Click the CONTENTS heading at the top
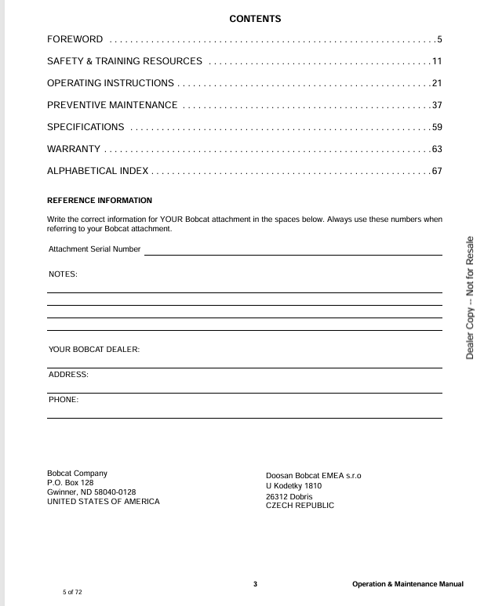pyautogui.click(x=255, y=19)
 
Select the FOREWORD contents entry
pyautogui.click(x=75, y=39)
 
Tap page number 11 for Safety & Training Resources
pyautogui.click(x=437, y=61)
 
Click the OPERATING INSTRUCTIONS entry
pyautogui.click(x=111, y=83)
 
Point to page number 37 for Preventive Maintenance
pyautogui.click(x=437, y=105)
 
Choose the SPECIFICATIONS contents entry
pyautogui.click(x=86, y=127)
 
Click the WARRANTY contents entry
pyautogui.click(x=74, y=149)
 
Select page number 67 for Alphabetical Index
pyautogui.click(x=437, y=171)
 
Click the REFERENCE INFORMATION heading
pyautogui.click(x=100, y=201)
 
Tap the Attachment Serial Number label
pyautogui.click(x=94, y=249)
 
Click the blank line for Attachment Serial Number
pyautogui.click(x=293, y=253)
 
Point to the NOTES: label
pyautogui.click(x=63, y=274)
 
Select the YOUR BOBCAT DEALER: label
pyautogui.click(x=94, y=350)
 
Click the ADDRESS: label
pyautogui.click(x=68, y=375)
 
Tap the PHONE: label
pyautogui.click(x=64, y=400)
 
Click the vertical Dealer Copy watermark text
pyautogui.click(x=470, y=298)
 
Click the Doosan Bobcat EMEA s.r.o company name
pyautogui.click(x=314, y=476)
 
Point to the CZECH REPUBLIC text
pyautogui.click(x=300, y=506)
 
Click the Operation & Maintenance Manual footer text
pyautogui.click(x=408, y=584)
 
